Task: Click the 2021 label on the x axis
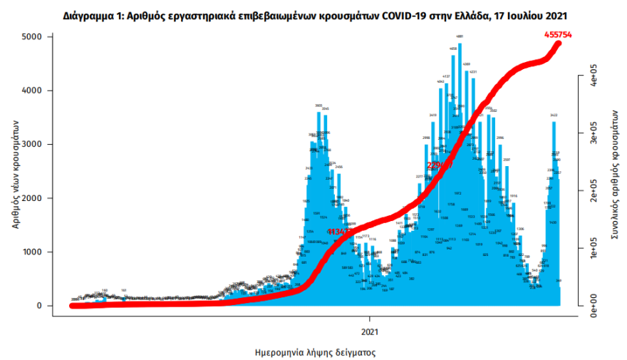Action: click(x=370, y=331)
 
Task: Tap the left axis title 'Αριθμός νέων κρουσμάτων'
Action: click(x=15, y=171)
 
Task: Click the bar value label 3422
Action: click(x=554, y=115)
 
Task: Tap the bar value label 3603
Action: click(x=319, y=105)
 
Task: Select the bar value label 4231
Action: click(x=472, y=72)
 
